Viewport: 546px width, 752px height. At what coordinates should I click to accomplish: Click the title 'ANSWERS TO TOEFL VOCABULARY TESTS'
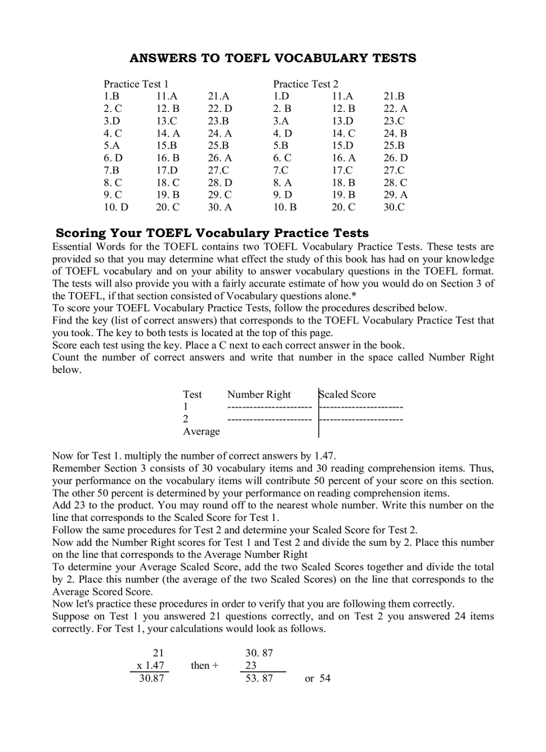[272, 58]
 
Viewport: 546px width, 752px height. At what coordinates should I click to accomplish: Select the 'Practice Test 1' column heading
[136, 84]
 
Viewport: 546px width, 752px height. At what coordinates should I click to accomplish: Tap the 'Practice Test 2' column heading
[305, 84]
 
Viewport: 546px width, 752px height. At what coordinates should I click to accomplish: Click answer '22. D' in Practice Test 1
[219, 108]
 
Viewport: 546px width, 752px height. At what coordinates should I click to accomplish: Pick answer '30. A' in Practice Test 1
[219, 207]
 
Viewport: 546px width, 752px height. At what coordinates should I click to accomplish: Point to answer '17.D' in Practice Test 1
[167, 170]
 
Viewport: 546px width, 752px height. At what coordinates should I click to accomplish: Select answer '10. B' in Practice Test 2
[284, 207]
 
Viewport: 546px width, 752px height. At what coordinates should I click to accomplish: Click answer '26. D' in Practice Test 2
[395, 158]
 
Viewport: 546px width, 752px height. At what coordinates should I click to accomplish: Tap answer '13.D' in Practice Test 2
[343, 121]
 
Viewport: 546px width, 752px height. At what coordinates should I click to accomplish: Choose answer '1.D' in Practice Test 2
[281, 96]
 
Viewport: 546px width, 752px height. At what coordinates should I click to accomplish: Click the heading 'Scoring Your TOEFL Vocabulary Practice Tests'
[211, 233]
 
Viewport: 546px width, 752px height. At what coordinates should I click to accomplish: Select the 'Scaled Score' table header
[347, 394]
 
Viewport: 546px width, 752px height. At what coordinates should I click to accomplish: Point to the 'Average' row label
[201, 431]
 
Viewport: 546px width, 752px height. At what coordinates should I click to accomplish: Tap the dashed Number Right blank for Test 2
[269, 419]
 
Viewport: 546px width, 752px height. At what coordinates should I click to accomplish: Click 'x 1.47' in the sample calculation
[150, 666]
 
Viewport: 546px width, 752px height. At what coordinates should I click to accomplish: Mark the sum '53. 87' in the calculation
[259, 678]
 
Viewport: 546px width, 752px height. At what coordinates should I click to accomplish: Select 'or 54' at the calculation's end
[317, 678]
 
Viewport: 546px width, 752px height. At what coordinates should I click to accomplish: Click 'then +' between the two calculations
[204, 666]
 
